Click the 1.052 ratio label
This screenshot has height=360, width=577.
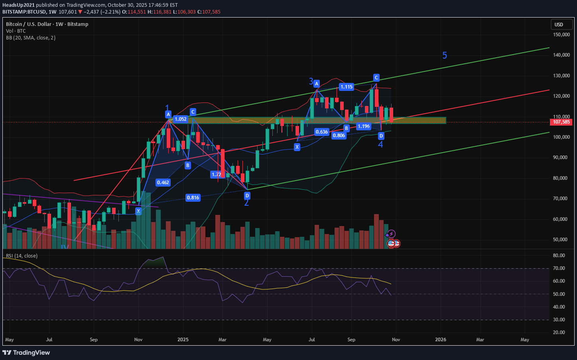click(x=181, y=119)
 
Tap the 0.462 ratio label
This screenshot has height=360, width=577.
click(x=163, y=183)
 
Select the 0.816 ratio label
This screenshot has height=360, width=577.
click(x=193, y=198)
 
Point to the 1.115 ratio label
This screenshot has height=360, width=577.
click(x=347, y=87)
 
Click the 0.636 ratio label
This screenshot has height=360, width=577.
click(x=322, y=132)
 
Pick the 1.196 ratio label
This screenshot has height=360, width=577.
click(x=364, y=126)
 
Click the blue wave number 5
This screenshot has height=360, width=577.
click(x=445, y=56)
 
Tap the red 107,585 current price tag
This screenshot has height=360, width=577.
click(x=561, y=122)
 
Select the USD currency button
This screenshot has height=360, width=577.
click(x=559, y=25)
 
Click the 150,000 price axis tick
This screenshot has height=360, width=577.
click(x=561, y=35)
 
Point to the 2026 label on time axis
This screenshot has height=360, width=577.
click(x=441, y=340)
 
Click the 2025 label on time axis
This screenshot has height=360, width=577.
click(x=183, y=340)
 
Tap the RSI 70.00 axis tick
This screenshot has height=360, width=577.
click(x=559, y=268)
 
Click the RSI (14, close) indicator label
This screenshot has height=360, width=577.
click(x=22, y=256)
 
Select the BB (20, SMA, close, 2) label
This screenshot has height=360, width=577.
click(x=31, y=38)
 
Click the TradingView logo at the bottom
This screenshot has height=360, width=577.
click(x=26, y=352)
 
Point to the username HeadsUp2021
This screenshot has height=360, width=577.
click(x=18, y=5)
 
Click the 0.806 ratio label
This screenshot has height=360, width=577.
click(x=339, y=136)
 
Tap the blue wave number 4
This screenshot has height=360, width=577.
click(x=380, y=145)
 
